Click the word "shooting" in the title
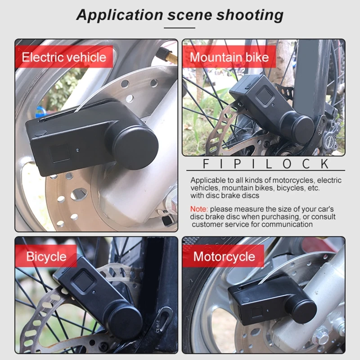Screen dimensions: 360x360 pos(250,15)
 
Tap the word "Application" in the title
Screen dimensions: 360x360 pos(120,15)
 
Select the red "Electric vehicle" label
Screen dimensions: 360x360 pos(64,57)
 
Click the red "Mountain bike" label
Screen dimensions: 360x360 pos(229,57)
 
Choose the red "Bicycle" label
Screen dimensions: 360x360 pos(46,256)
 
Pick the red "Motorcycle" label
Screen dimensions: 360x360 pos(224,256)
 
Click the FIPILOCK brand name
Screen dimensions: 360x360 pos(265,164)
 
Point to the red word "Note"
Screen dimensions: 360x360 pos(198,209)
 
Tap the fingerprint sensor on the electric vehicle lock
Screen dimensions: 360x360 pos(59,153)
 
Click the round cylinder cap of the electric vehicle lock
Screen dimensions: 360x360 pos(135,147)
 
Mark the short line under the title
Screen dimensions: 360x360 pos(180,28)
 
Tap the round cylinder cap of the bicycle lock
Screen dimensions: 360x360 pos(126,320)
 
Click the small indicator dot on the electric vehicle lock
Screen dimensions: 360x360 pos(77,150)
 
